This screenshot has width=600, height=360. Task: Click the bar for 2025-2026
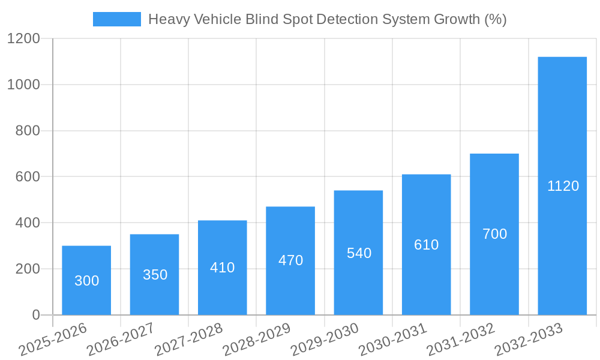coord(86,280)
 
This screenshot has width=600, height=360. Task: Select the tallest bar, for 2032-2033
coord(562,186)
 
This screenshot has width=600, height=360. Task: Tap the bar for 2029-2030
coord(358,253)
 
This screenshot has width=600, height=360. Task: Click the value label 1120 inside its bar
coord(563,186)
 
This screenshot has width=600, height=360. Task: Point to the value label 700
coord(494,234)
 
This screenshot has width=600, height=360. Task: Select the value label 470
coord(290,260)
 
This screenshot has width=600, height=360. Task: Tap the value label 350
coord(155,275)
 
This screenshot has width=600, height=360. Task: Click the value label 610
coord(427,245)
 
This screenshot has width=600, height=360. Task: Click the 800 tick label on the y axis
coord(28,131)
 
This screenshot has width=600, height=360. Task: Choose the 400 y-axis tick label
coord(28,223)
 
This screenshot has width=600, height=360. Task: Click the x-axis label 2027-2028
coord(188,340)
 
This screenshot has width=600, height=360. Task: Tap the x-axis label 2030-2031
coord(392,340)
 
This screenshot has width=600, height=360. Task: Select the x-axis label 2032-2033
coord(529,340)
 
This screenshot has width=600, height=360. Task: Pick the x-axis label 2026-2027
coord(121,340)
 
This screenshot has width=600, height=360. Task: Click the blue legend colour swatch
coord(116,19)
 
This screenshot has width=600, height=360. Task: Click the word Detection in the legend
coord(342,19)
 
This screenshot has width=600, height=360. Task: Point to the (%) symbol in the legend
coord(495,19)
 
